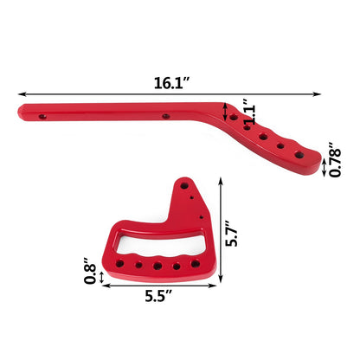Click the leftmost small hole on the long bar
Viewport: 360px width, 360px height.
pyautogui.click(x=42, y=112)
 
